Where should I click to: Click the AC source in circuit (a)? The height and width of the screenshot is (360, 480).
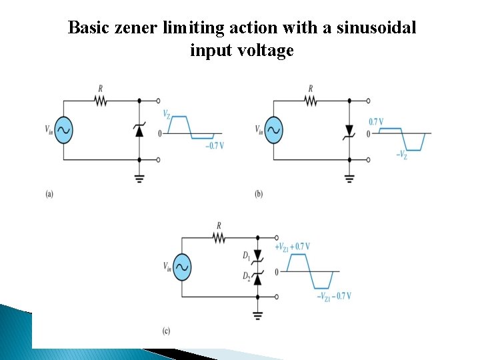[x=63, y=130]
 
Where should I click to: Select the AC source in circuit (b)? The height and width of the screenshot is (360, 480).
[x=273, y=130]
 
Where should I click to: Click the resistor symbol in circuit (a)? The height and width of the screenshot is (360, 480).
[x=101, y=101]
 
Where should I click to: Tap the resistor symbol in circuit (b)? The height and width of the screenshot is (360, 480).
[x=311, y=101]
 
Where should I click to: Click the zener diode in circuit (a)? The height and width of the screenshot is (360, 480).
[x=139, y=129]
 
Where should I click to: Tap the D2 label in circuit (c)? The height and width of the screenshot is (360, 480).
[x=246, y=275]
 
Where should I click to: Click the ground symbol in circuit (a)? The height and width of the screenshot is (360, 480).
[x=139, y=178]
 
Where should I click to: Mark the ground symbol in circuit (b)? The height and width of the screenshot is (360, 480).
[x=349, y=178]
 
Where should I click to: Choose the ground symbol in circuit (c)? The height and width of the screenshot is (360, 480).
[x=257, y=315]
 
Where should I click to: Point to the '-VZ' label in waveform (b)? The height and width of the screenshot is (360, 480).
[x=402, y=155]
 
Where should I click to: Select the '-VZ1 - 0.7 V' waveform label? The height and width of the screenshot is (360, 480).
[x=333, y=296]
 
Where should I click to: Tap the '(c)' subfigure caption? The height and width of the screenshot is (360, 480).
[x=165, y=331]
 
